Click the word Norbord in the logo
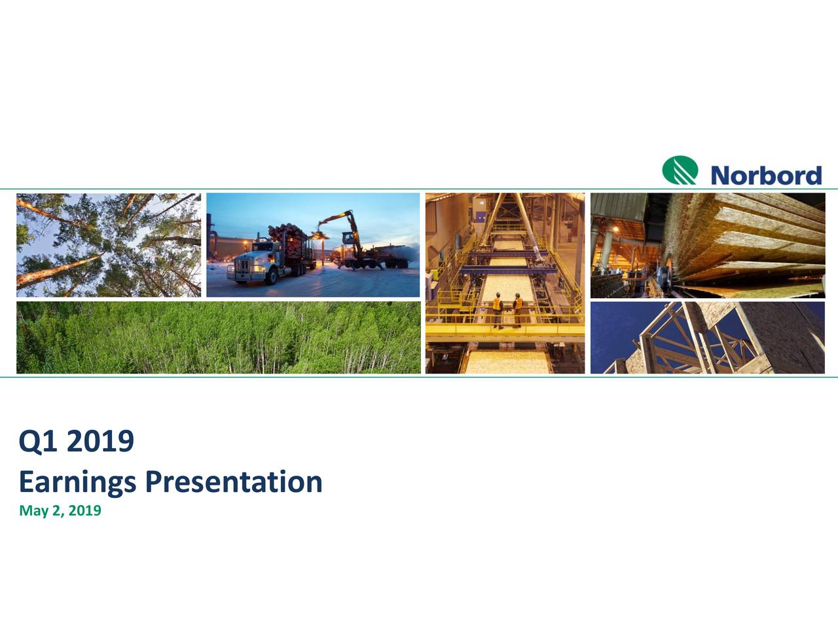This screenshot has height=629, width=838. tap(765, 175)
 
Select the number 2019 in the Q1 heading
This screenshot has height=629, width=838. tap(100, 442)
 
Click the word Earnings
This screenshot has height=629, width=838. tap(77, 482)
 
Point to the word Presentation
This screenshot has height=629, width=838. tap(233, 482)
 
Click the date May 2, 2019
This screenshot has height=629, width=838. tap(60, 510)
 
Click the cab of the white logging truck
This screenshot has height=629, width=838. tap(255, 259)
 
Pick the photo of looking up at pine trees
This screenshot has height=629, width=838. tap(108, 244)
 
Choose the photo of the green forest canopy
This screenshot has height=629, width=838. tap(217, 337)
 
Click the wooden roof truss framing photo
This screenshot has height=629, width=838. tap(707, 337)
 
